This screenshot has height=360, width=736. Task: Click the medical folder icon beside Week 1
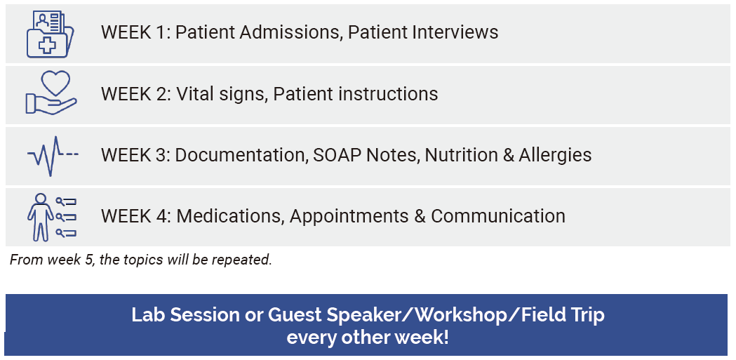[x=51, y=34]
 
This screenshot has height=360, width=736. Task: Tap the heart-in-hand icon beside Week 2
[x=51, y=93]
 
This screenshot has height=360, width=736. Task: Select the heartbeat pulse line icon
[x=53, y=155]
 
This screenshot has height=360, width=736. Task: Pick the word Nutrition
[x=461, y=155]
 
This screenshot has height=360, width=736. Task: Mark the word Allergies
[x=555, y=155]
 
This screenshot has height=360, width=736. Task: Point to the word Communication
[x=498, y=216]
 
